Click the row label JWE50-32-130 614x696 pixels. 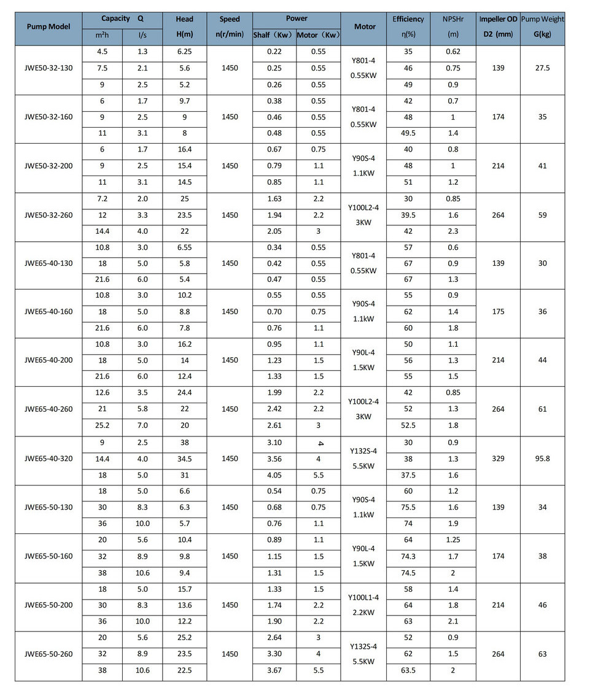[49, 68]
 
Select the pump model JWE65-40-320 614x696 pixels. [49, 458]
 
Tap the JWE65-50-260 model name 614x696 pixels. [49, 654]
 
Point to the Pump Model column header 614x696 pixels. [49, 27]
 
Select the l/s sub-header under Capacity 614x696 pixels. [142, 35]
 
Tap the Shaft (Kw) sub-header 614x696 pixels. [274, 35]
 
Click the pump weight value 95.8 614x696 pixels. [542, 458]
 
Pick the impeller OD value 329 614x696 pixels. [498, 458]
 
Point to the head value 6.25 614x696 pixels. [184, 52]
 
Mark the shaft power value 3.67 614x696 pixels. [274, 670]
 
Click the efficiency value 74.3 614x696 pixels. [408, 557]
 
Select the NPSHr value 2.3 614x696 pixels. [453, 231]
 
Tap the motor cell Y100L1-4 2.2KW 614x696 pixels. [363, 605]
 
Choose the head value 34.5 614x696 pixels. [184, 458]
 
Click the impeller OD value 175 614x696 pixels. [498, 312]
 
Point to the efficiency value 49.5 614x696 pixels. [408, 133]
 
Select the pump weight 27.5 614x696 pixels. [542, 68]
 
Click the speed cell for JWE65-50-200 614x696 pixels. [230, 605]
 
